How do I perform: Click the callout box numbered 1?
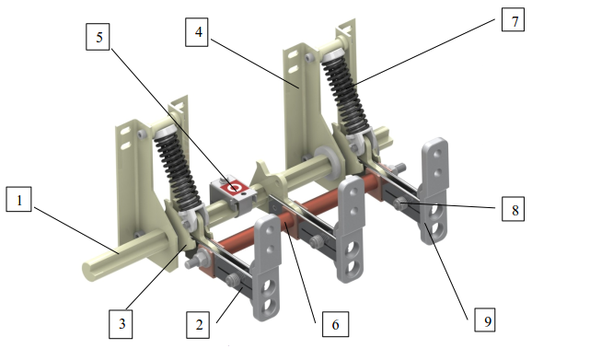(x=18, y=199)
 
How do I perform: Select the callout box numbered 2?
(x=198, y=325)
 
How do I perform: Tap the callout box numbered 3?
(x=121, y=324)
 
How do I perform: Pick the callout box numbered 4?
(x=197, y=32)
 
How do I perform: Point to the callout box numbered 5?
(x=98, y=37)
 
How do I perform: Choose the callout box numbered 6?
(x=335, y=324)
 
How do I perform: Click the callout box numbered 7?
(x=513, y=19)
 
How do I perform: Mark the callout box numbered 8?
(x=514, y=209)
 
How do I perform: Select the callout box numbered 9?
(x=485, y=320)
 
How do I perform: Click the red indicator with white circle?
(x=235, y=187)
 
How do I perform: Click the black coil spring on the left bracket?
(x=177, y=169)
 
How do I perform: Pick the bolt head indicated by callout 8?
(x=398, y=204)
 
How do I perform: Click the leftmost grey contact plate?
(x=268, y=267)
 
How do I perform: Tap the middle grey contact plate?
(x=351, y=229)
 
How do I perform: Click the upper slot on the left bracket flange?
(x=125, y=132)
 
